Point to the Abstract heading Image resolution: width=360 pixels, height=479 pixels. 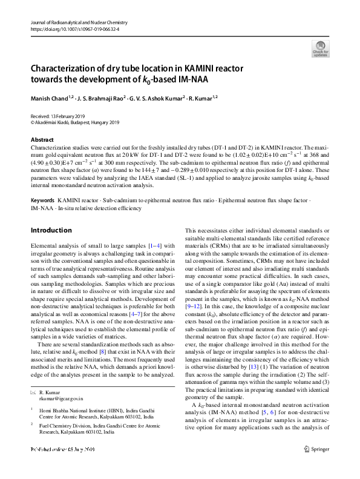tap(42, 139)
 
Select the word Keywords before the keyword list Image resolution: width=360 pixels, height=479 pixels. tap(43, 182)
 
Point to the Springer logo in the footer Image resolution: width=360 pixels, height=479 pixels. tap(316, 466)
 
